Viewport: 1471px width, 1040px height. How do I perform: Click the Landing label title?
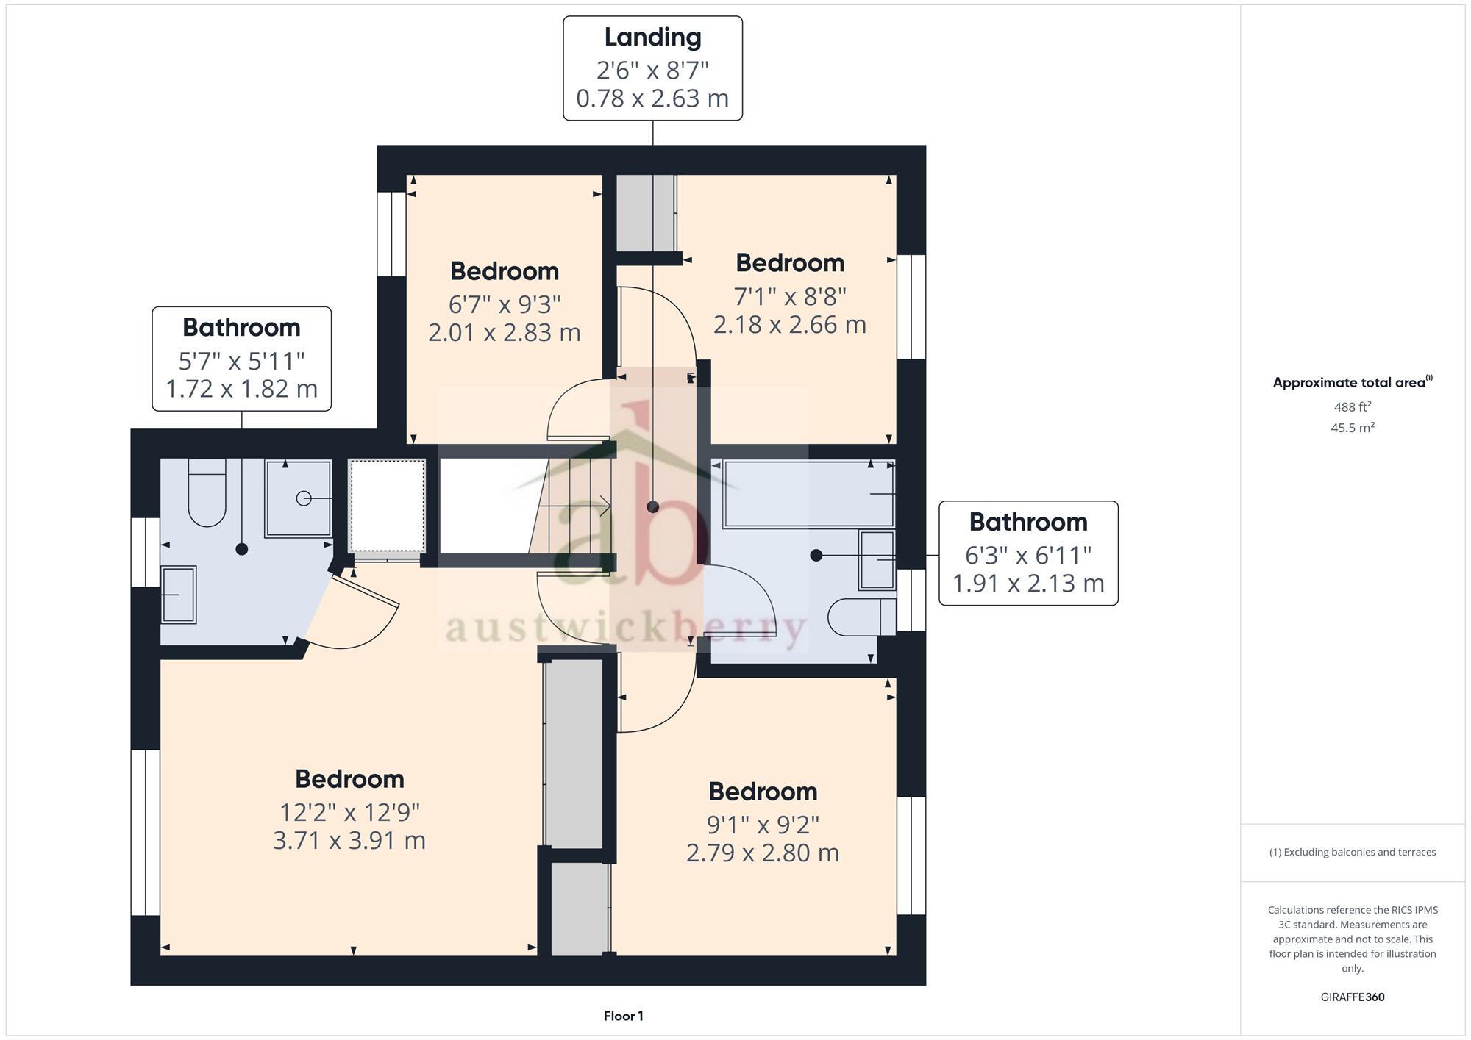652,37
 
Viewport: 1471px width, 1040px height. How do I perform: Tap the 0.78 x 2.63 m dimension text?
652,98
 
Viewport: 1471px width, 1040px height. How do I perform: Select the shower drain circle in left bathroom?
303,499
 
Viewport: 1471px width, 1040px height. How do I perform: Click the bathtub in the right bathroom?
808,494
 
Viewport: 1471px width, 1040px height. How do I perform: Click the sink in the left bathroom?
178,595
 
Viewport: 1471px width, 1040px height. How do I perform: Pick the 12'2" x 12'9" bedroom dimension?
349,812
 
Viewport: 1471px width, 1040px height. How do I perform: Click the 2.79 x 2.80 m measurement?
763,853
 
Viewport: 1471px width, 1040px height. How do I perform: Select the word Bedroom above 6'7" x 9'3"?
505,271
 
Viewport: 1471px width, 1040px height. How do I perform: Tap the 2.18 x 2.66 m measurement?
789,324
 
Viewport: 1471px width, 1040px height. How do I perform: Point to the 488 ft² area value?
1352,406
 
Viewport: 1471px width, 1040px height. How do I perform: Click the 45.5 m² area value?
1352,428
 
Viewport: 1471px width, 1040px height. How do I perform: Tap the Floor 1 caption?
623,1016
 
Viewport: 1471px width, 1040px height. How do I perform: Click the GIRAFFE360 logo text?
1352,997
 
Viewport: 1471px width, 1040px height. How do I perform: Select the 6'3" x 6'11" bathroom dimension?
1027,555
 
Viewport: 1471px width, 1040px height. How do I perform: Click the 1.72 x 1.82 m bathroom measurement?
241,388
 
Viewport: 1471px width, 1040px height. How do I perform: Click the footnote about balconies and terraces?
1352,852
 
